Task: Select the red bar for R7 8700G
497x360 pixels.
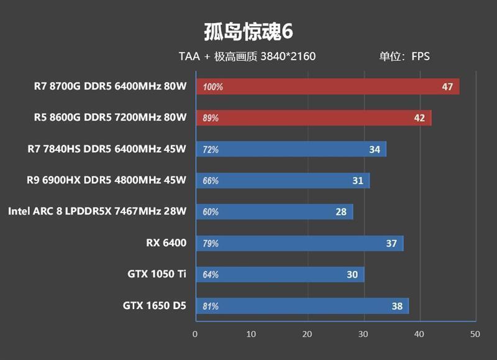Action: coord(327,86)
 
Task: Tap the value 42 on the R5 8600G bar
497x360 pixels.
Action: coord(420,118)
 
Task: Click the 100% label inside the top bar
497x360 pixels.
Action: coord(212,87)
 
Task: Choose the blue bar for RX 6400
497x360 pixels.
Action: coord(299,243)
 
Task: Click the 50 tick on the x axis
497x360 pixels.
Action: coord(475,334)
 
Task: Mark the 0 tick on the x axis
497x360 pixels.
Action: coord(196,334)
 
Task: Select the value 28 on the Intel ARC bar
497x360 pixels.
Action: coord(341,211)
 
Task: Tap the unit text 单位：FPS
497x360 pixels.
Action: coord(404,57)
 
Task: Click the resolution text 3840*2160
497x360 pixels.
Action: coord(288,57)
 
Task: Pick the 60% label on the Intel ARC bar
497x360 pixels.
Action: coord(211,212)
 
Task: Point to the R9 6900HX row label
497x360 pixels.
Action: coord(106,180)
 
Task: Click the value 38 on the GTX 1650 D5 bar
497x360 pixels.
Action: coord(397,305)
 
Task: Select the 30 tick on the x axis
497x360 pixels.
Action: coord(363,334)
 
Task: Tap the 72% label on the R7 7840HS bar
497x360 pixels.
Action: coord(211,149)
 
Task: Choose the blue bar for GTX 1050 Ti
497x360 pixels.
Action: coord(280,274)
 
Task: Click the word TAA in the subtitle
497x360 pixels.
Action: coord(189,57)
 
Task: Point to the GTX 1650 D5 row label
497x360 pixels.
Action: coord(155,305)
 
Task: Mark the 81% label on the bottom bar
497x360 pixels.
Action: coord(211,306)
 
